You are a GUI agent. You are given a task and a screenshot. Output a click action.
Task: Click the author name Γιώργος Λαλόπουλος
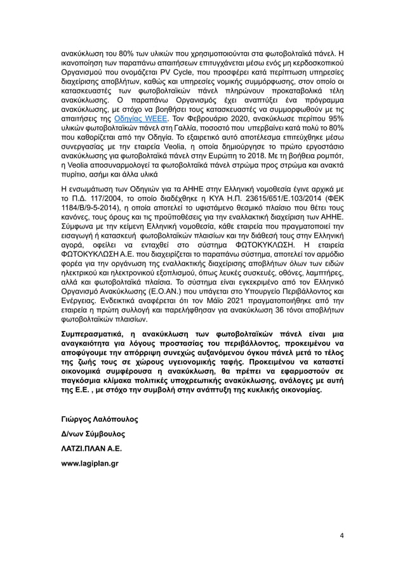tap(99, 420)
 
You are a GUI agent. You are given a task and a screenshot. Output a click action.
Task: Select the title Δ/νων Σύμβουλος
tap(92, 434)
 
